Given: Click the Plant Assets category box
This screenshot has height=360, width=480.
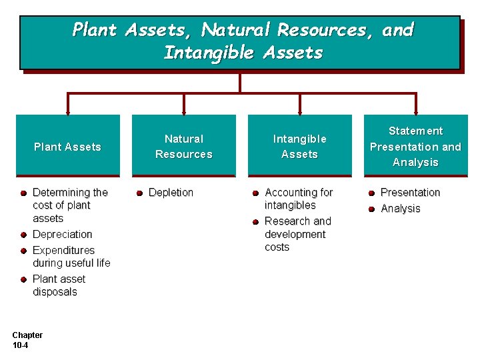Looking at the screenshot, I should pyautogui.click(x=67, y=146).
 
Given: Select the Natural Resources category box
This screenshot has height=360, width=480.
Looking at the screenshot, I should pyautogui.click(x=183, y=146).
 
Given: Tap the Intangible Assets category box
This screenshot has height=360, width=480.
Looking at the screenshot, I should pyautogui.click(x=299, y=146).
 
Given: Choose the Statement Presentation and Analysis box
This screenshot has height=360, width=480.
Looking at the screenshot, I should pyautogui.click(x=415, y=146).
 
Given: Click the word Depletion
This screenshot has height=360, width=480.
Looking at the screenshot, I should pyautogui.click(x=171, y=193).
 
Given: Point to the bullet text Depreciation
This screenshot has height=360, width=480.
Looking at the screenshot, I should pyautogui.click(x=62, y=235).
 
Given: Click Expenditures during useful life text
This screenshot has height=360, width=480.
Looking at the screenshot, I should pyautogui.click(x=71, y=257).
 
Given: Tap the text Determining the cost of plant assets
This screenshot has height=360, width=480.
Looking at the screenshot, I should pyautogui.click(x=69, y=205).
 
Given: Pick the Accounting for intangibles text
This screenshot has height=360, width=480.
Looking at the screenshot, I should pyautogui.click(x=298, y=199).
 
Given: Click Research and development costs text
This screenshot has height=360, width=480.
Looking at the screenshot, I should pyautogui.click(x=297, y=234).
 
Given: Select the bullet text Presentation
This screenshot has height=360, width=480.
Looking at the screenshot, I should pyautogui.click(x=410, y=193).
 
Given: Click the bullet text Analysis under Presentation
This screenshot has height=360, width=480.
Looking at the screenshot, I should pyautogui.click(x=400, y=209).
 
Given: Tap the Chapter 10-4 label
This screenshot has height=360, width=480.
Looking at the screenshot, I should pyautogui.click(x=27, y=340).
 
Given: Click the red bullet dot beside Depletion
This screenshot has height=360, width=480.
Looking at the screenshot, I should pyautogui.click(x=139, y=193).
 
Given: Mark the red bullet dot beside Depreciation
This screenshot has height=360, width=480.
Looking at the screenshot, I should pyautogui.click(x=23, y=235).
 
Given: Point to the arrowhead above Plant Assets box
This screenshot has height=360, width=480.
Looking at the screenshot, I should pyautogui.click(x=67, y=110).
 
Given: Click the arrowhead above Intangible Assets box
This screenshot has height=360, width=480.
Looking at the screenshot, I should pyautogui.click(x=299, y=110).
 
